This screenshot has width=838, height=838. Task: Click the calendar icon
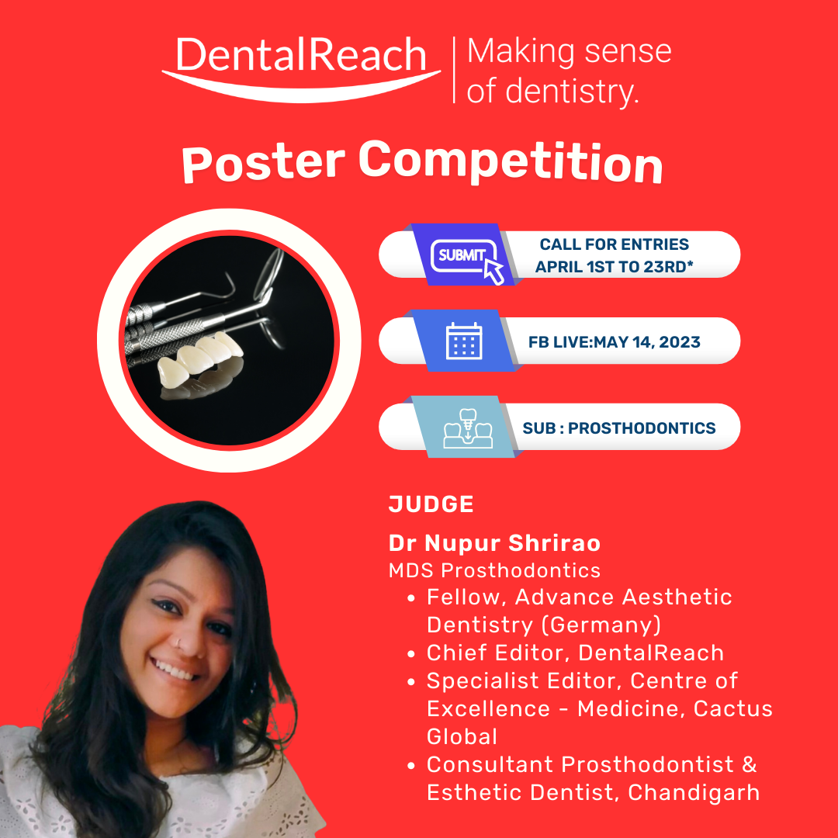click(x=464, y=341)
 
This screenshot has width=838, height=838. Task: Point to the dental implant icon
click(x=468, y=428)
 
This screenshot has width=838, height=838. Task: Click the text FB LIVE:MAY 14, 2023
click(x=614, y=342)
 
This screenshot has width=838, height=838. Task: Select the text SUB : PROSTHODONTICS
click(x=619, y=428)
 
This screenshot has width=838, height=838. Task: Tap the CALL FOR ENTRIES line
click(x=614, y=244)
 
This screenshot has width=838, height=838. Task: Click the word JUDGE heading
click(x=431, y=504)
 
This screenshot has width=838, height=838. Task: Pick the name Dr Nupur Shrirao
click(x=494, y=543)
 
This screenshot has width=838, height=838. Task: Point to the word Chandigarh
click(x=694, y=792)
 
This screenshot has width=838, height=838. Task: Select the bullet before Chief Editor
click(x=411, y=654)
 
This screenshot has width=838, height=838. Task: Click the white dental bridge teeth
click(x=201, y=357)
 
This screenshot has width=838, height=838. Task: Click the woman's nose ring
click(x=181, y=642)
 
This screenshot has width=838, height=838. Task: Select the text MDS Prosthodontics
click(x=494, y=571)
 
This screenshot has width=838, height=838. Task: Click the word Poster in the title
click(x=264, y=164)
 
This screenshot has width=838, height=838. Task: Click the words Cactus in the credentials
click(x=732, y=708)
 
